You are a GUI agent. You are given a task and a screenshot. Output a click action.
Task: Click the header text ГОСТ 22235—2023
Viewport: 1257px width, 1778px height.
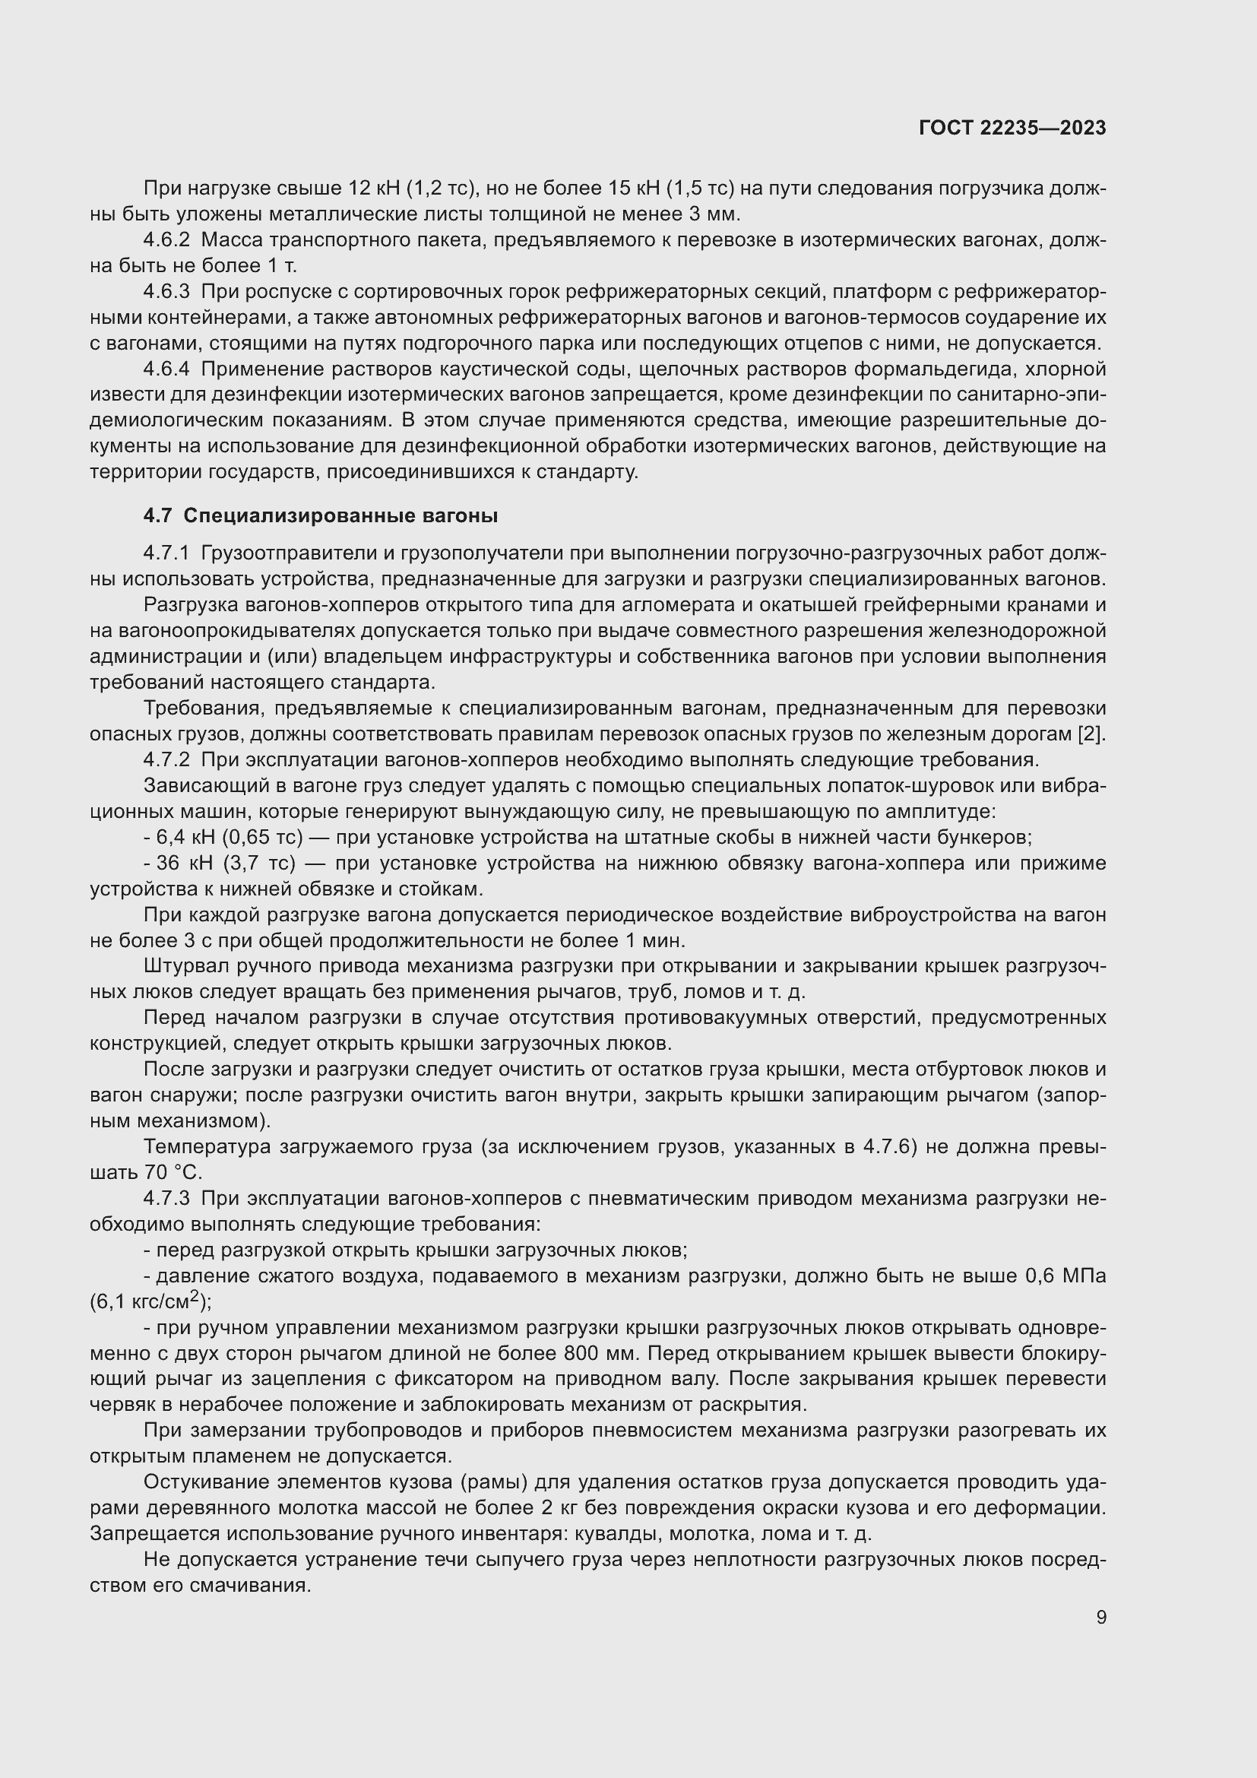point(1012,128)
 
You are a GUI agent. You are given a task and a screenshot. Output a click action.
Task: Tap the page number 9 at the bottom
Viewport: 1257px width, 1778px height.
point(1100,1617)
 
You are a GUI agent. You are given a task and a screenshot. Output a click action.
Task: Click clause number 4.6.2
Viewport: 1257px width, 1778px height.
point(166,240)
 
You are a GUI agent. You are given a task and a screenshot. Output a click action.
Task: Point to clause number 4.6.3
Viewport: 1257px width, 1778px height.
point(166,291)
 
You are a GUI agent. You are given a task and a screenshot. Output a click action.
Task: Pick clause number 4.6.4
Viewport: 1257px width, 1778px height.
point(166,369)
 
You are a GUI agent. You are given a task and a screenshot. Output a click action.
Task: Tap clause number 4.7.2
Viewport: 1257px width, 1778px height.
point(166,759)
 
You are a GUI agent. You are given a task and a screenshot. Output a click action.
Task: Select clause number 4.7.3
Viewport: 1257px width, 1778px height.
point(166,1198)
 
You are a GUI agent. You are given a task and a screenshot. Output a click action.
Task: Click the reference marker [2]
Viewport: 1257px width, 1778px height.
point(1092,734)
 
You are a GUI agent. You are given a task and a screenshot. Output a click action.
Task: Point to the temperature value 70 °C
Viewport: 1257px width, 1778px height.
point(173,1172)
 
